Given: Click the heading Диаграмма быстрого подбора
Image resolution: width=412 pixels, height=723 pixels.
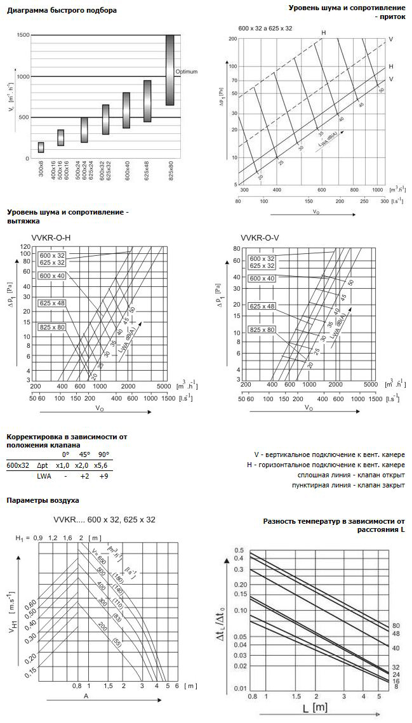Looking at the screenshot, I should (x=62, y=11).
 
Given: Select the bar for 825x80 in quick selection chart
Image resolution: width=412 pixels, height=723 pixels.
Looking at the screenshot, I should (x=170, y=70).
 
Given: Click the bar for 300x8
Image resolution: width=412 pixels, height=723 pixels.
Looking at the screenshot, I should (x=41, y=147).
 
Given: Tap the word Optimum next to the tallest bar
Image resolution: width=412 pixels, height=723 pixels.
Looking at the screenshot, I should (x=186, y=71).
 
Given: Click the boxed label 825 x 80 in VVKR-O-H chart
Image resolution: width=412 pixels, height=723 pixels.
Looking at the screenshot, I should (x=52, y=327).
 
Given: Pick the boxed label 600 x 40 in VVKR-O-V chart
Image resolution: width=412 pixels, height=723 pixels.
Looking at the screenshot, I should (x=262, y=279).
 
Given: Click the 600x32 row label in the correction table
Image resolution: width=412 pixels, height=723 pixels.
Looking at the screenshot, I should (x=18, y=465).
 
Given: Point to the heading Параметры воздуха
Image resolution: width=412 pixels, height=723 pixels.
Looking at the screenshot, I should (x=43, y=500).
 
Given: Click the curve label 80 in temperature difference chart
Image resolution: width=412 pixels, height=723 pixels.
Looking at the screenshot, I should (x=395, y=625).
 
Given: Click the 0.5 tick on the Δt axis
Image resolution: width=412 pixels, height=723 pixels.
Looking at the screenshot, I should (x=239, y=550).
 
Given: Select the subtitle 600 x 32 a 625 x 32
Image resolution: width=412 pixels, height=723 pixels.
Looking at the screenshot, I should (x=265, y=29).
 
